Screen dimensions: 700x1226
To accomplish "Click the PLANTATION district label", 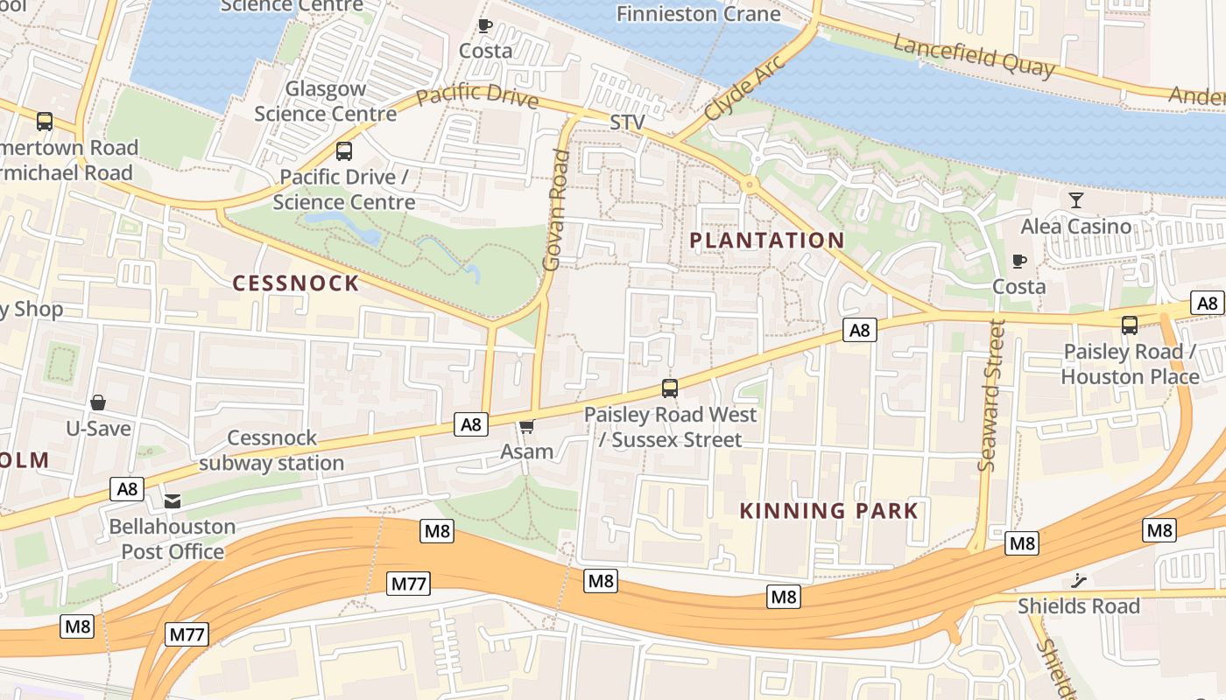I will pyautogui.click(x=766, y=240).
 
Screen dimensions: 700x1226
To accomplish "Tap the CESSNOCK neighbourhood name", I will pyautogui.click(x=296, y=283).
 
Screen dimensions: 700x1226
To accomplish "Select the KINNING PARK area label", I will pyautogui.click(x=828, y=511).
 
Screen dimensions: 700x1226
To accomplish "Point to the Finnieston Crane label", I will pyautogui.click(x=698, y=14).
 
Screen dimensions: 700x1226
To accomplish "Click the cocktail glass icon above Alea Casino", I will pyautogui.click(x=1076, y=200).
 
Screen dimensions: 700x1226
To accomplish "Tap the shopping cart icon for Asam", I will pyautogui.click(x=526, y=426).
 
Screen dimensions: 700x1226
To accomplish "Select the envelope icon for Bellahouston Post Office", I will pyautogui.click(x=173, y=501).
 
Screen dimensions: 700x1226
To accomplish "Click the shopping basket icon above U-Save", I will pyautogui.click(x=98, y=402).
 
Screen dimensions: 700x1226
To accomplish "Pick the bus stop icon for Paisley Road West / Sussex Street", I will pyautogui.click(x=670, y=388).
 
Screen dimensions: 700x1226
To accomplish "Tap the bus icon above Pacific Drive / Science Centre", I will pyautogui.click(x=344, y=151).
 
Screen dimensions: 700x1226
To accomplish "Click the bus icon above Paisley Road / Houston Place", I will pyautogui.click(x=1130, y=325).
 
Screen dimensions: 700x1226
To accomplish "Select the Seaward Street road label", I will pyautogui.click(x=990, y=395).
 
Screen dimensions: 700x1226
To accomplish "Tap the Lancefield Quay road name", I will pyautogui.click(x=975, y=55).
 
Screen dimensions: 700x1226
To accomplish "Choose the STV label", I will pyautogui.click(x=628, y=122).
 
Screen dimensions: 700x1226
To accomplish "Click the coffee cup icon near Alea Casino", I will pyautogui.click(x=1019, y=261).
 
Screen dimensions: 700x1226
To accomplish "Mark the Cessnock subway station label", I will pyautogui.click(x=271, y=451).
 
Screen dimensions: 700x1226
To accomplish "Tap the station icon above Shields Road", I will pyautogui.click(x=1078, y=580).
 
